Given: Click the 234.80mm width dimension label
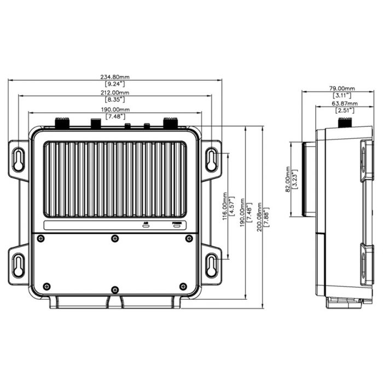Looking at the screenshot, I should pos(115,77).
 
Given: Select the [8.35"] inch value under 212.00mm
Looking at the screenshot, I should pos(115,100).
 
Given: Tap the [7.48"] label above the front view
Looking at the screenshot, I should pos(115,117).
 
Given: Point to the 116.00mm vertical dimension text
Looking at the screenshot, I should pos(225,206).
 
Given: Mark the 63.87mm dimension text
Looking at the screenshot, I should pos(345,103).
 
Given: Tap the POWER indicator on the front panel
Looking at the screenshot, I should pos(177,224).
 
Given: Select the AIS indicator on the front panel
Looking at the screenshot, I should pos(146,224).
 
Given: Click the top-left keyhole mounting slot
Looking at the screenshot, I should pos(19,159).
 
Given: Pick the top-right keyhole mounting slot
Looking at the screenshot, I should pos(211,159).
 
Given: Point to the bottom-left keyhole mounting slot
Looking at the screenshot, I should pos(19,265).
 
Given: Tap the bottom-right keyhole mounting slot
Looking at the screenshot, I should pos(211,265).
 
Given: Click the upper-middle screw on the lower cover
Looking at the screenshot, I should pos(114,239).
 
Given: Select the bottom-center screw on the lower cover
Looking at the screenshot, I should pos(114,289).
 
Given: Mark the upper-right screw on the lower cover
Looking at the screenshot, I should pos(189,239).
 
